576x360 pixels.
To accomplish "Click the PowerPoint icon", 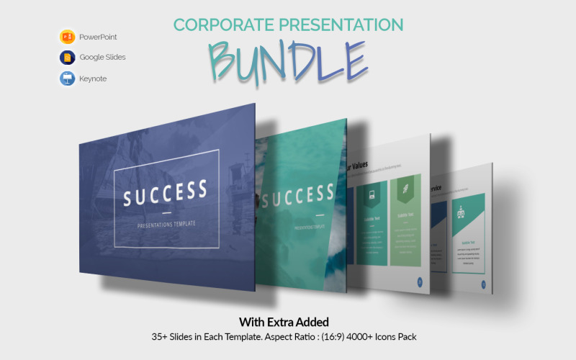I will [68, 37].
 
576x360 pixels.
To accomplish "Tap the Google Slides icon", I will [68, 58].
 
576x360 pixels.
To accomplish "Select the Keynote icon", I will [68, 78].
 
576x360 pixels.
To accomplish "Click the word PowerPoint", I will [98, 37].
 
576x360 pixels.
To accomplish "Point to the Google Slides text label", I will [102, 58].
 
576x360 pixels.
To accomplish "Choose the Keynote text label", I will [93, 78].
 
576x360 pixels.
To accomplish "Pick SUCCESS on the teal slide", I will [298, 194].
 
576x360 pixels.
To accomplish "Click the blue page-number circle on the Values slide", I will [420, 282].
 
